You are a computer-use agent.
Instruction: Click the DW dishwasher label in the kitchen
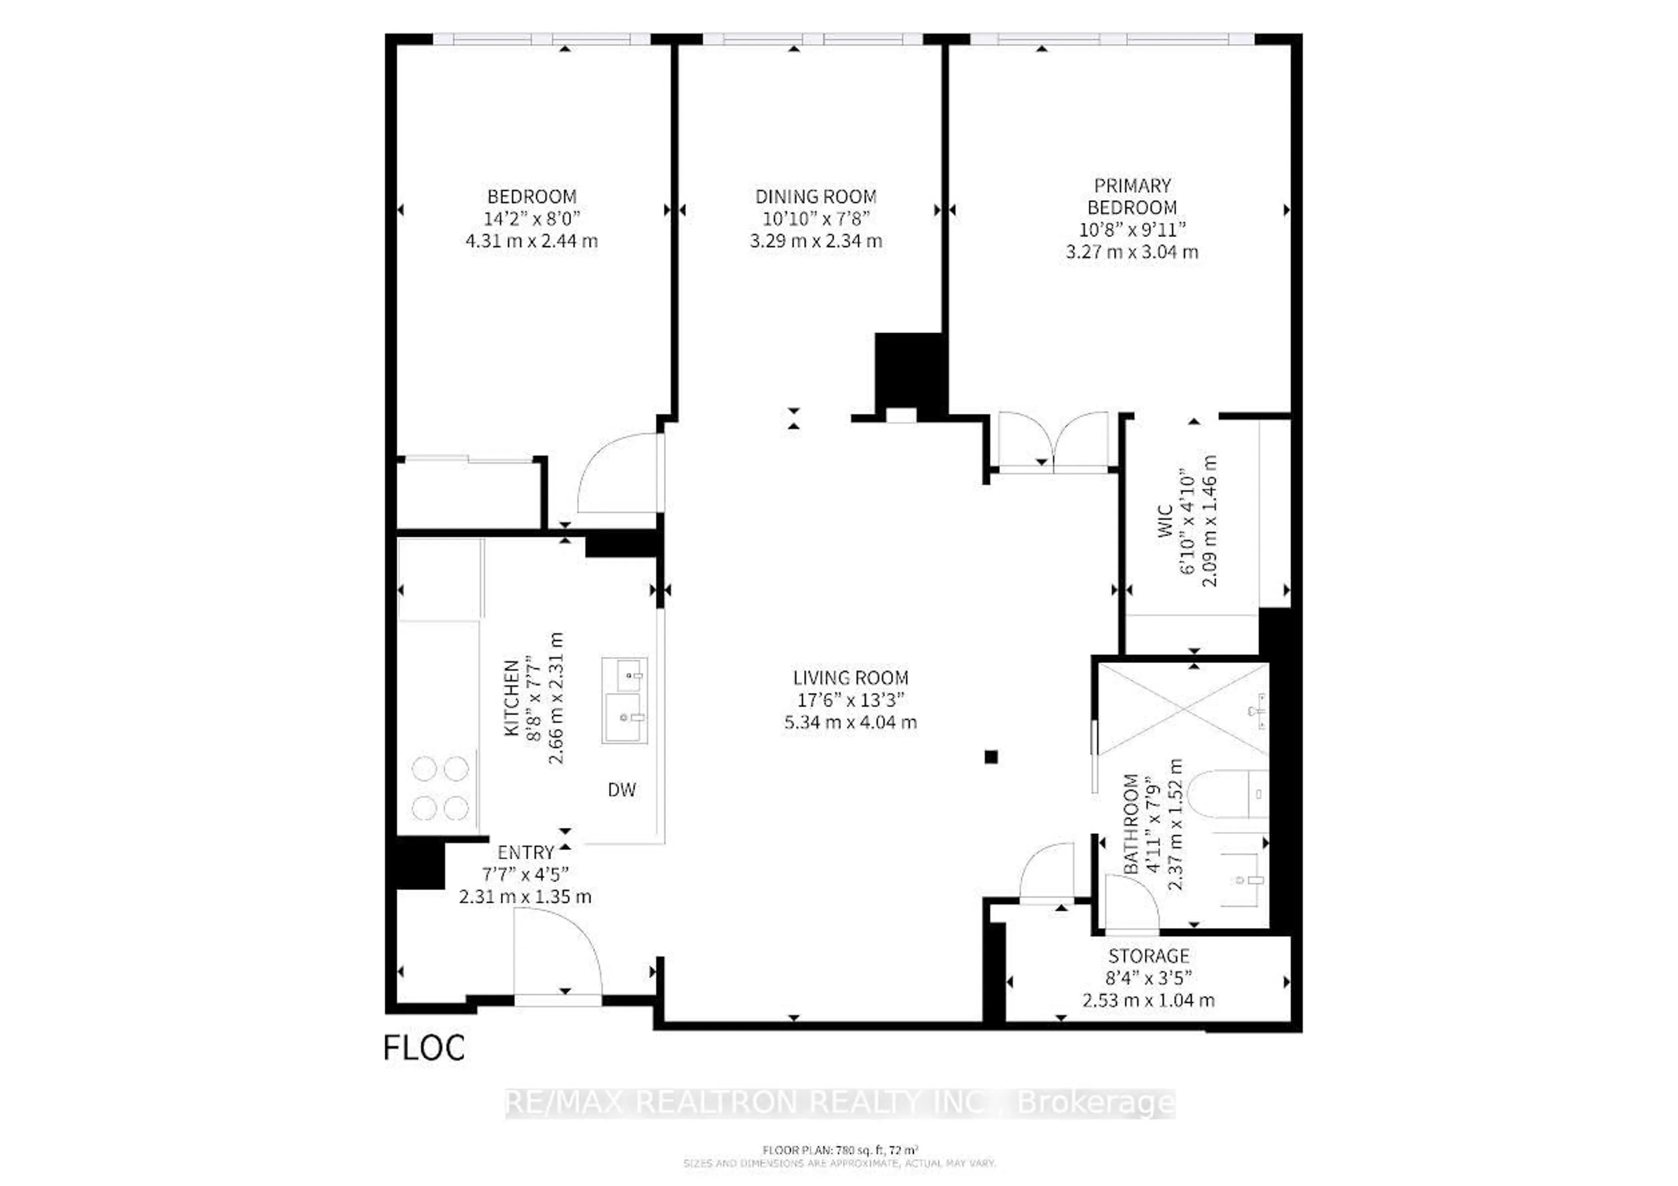coord(621,790)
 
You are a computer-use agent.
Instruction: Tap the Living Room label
coord(851,678)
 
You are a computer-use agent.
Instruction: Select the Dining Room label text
coord(815,197)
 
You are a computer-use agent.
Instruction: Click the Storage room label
coord(1148,956)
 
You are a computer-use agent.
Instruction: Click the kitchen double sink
coord(624,700)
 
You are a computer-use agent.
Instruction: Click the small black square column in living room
coord(991,757)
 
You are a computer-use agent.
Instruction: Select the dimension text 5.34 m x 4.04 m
coord(851,723)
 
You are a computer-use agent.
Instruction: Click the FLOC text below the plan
coord(424,1048)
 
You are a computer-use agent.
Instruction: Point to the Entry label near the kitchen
coord(526,852)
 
